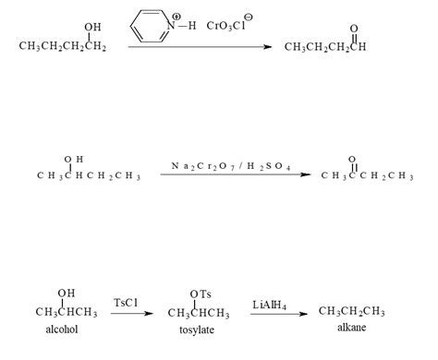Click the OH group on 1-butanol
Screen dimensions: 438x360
[x=93, y=27]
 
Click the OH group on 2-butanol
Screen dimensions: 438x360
[x=73, y=159]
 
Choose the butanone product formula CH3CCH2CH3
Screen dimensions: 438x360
[x=367, y=175]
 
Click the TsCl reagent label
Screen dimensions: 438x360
[x=127, y=302]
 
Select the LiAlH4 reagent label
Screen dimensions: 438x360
[x=273, y=302]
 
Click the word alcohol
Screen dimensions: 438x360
[x=65, y=329]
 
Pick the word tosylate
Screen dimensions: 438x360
[x=198, y=329]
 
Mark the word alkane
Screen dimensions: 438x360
[x=351, y=329]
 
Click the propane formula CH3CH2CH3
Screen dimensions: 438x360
[x=351, y=311]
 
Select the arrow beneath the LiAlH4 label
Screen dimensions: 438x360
[x=277, y=314]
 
